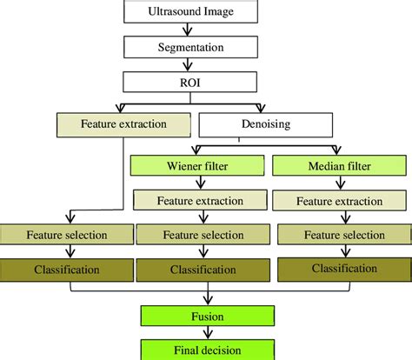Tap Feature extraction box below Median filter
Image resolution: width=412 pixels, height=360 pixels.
click(x=340, y=201)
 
